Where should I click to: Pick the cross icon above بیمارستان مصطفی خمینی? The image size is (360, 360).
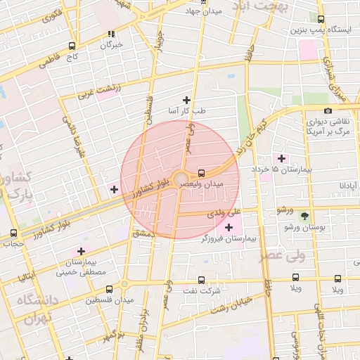click(x=82, y=251)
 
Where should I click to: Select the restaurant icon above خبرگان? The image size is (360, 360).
click(x=110, y=34)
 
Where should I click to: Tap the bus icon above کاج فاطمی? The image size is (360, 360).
click(x=72, y=46)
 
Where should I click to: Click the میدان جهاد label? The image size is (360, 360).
click(x=203, y=12)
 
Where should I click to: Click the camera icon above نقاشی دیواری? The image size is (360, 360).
click(x=328, y=110)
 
